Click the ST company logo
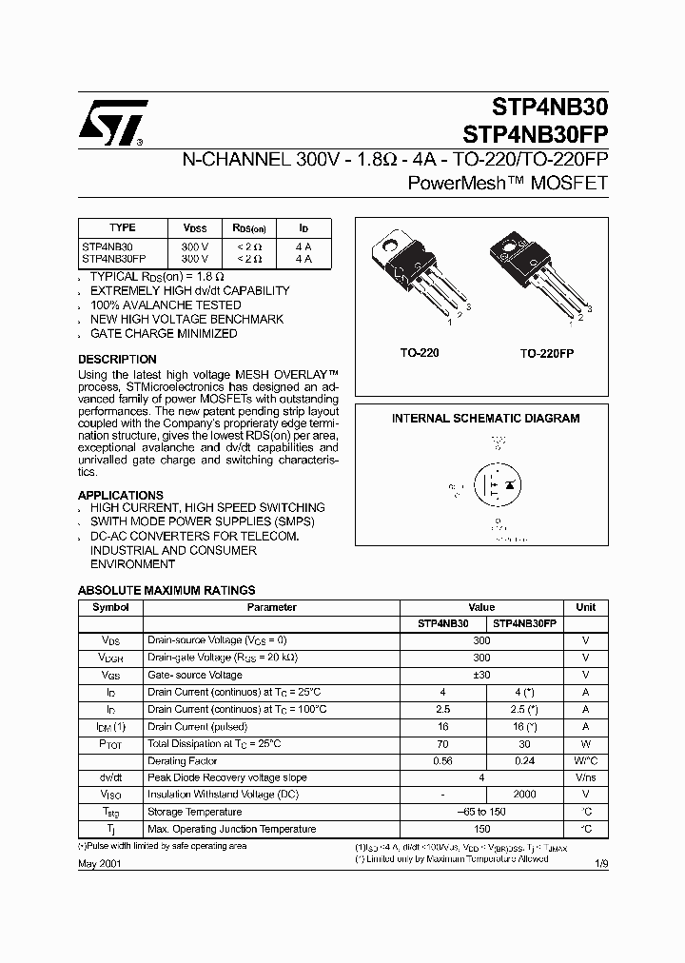(x=112, y=124)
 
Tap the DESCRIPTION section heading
(x=117, y=360)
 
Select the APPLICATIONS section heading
(x=121, y=496)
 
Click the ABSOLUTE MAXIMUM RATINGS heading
(x=166, y=590)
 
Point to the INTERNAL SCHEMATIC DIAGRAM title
(x=486, y=419)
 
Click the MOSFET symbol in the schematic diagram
(x=497, y=486)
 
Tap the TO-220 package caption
(x=419, y=353)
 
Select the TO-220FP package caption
(x=547, y=353)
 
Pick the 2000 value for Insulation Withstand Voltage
(x=526, y=795)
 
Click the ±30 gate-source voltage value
(x=482, y=675)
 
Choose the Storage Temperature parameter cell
(x=194, y=812)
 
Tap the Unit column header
(x=586, y=607)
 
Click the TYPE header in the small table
(x=123, y=228)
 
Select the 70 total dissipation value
(x=443, y=743)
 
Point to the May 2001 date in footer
(x=99, y=863)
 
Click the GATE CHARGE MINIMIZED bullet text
(x=164, y=334)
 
